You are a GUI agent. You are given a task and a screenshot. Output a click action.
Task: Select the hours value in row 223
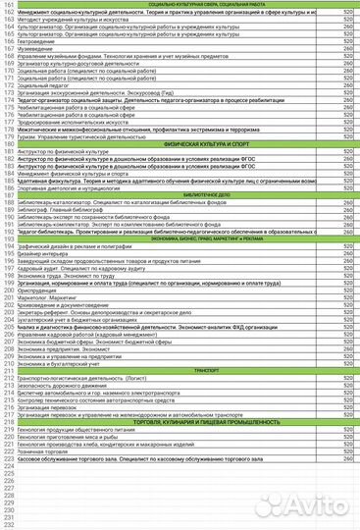pyautogui.click(x=348, y=456)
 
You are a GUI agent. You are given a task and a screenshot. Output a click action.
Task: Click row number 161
pyautogui.click(x=8, y=5)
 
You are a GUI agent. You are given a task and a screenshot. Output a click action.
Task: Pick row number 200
pyautogui.click(x=8, y=290)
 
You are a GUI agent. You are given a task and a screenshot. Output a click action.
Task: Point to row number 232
pyautogui.click(x=8, y=522)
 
